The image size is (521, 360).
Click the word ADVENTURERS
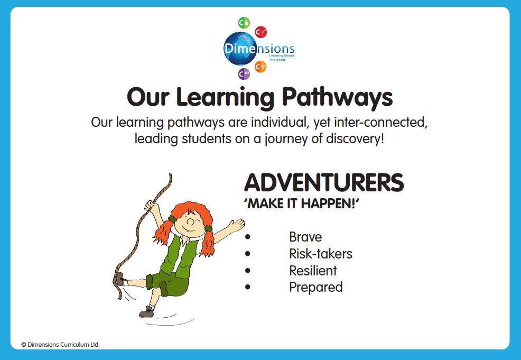pos(324,182)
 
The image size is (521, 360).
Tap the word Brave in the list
pos(305,237)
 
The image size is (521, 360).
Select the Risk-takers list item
pos(321,254)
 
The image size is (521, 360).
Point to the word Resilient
pos(313,271)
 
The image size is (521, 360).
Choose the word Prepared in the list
pos(315,287)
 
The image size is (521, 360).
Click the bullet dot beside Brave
pos(247,237)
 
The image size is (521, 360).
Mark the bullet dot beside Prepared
pos(247,287)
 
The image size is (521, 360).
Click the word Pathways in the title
pos(337,97)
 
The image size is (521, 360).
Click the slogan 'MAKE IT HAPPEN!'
pos(302,204)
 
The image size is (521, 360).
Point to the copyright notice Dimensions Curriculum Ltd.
pos(60,345)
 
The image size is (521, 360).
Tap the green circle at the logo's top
pos(244,23)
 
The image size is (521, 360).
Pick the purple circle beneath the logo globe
pos(244,73)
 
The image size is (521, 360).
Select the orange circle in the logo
pos(261,67)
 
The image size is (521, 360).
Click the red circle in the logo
pos(261,32)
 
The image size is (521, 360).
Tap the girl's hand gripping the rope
pos(151,206)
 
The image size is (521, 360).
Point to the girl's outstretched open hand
pos(237,225)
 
